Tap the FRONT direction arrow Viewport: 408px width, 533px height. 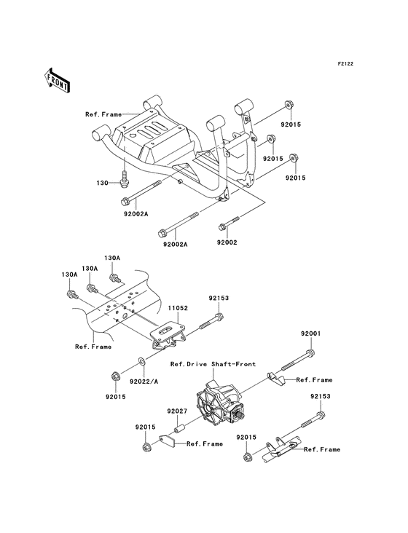(x=58, y=79)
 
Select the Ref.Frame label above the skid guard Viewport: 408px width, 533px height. (x=102, y=114)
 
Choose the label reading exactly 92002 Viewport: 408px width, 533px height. (x=227, y=241)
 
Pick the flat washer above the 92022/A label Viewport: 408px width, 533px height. (x=142, y=361)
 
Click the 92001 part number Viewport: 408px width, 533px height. (x=311, y=333)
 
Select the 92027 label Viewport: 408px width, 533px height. (x=177, y=411)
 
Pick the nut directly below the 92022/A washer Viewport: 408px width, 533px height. (x=116, y=376)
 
